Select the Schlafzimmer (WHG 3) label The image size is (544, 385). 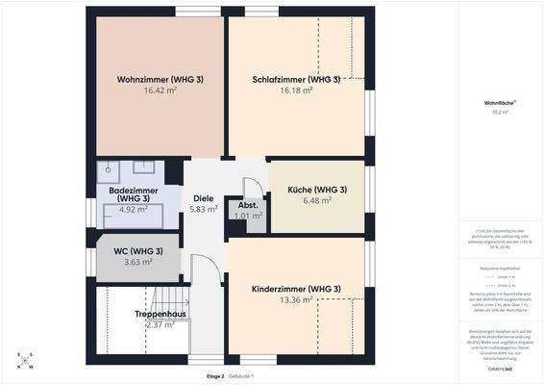click(x=296, y=79)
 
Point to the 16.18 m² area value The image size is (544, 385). click(x=296, y=90)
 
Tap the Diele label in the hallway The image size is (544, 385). click(x=203, y=198)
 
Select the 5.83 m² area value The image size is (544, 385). click(x=203, y=209)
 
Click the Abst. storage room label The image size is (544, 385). click(x=247, y=206)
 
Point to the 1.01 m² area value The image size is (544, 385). click(x=247, y=217)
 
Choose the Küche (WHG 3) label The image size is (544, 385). click(x=317, y=190)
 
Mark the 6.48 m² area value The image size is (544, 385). click(x=317, y=200)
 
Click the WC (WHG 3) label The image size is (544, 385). click(x=138, y=251)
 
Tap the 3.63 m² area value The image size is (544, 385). click(x=138, y=262)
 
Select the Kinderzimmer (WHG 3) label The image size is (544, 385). click(x=296, y=289)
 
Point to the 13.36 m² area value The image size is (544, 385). click(x=296, y=299)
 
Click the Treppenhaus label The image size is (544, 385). click(x=160, y=314)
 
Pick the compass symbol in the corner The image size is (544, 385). click(x=24, y=361)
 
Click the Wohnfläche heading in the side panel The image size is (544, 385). click(x=498, y=102)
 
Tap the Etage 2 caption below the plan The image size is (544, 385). click(x=214, y=375)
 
